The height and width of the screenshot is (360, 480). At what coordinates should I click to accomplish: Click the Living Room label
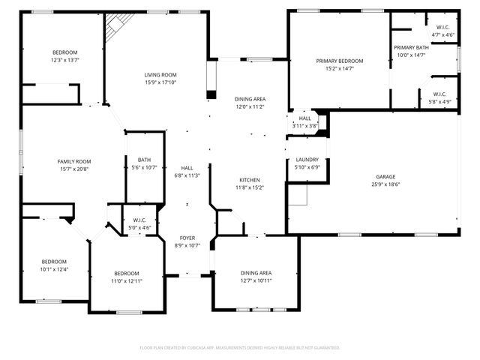click(160, 75)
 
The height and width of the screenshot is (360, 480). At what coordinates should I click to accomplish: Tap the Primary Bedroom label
click(339, 61)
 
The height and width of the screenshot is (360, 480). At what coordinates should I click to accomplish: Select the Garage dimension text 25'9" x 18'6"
click(386, 184)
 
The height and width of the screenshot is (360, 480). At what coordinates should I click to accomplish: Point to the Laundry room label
click(307, 160)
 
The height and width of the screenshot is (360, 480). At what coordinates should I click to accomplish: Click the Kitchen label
click(250, 180)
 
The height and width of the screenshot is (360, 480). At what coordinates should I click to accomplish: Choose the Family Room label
click(74, 161)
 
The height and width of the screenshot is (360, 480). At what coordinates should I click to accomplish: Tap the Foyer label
click(187, 237)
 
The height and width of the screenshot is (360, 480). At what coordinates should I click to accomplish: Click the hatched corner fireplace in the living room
click(115, 28)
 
